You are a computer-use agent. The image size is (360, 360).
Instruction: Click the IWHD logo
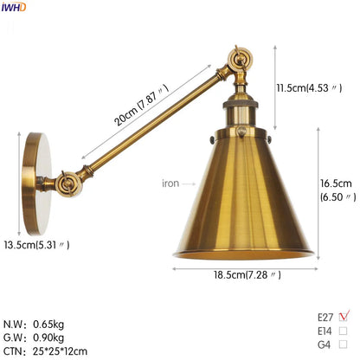point(14,7)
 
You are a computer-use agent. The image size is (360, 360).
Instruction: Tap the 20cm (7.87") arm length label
point(141,105)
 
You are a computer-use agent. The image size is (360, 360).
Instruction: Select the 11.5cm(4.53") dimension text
point(309,87)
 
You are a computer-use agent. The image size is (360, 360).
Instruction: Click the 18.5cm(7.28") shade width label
point(247,274)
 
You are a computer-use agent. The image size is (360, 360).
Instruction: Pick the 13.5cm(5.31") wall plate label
point(36,245)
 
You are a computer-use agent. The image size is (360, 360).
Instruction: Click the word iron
point(170,183)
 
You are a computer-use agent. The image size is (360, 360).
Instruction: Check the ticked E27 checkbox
point(344,317)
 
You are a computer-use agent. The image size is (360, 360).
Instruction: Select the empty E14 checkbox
point(343,331)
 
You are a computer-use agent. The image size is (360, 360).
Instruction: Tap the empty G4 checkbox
point(343,344)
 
